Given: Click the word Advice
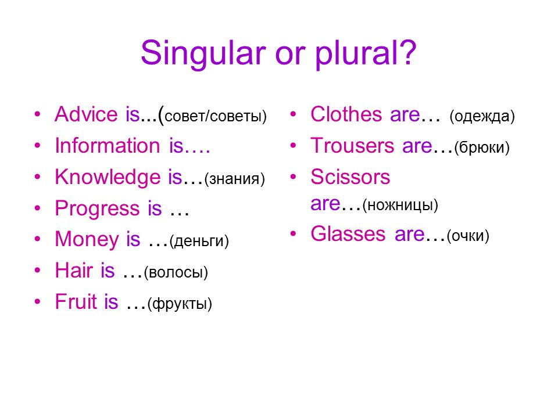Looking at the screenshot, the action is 86,114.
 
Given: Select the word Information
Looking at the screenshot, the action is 108,145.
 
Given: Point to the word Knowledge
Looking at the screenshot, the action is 108,178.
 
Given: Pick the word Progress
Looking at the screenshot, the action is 97,209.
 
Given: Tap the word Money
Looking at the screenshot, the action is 87,240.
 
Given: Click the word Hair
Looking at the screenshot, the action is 74,270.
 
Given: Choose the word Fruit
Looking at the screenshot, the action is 76,301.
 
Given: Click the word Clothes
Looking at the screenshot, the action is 346,114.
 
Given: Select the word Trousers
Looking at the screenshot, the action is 352,145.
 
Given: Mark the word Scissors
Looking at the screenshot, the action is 350,176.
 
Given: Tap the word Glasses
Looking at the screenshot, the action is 348,234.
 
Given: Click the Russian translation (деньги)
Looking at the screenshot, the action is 199,241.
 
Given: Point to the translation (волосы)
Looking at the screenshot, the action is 176,272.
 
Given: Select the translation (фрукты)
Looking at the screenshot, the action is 180,304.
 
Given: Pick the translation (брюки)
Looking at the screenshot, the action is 482,147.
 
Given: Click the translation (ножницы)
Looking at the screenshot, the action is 400,205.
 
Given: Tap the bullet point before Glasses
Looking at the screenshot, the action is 293,233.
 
